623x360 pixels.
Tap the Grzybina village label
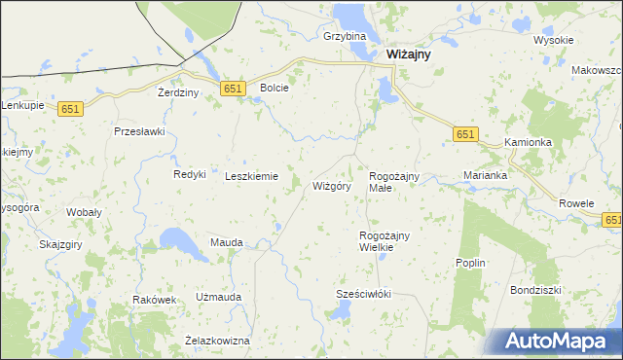[x=344, y=36]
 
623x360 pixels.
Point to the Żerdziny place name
[x=178, y=92]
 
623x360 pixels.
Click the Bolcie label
[x=275, y=88]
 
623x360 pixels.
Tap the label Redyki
[x=189, y=174]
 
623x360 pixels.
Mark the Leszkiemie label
[x=252, y=176]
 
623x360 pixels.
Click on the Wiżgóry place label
[x=331, y=185]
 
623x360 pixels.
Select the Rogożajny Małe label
[x=393, y=181]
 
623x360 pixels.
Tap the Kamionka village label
[x=529, y=142]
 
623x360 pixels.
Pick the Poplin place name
[x=470, y=263]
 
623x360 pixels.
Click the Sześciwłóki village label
[x=362, y=293]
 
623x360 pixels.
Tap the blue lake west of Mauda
[x=181, y=242]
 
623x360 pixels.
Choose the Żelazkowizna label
[x=217, y=341]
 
